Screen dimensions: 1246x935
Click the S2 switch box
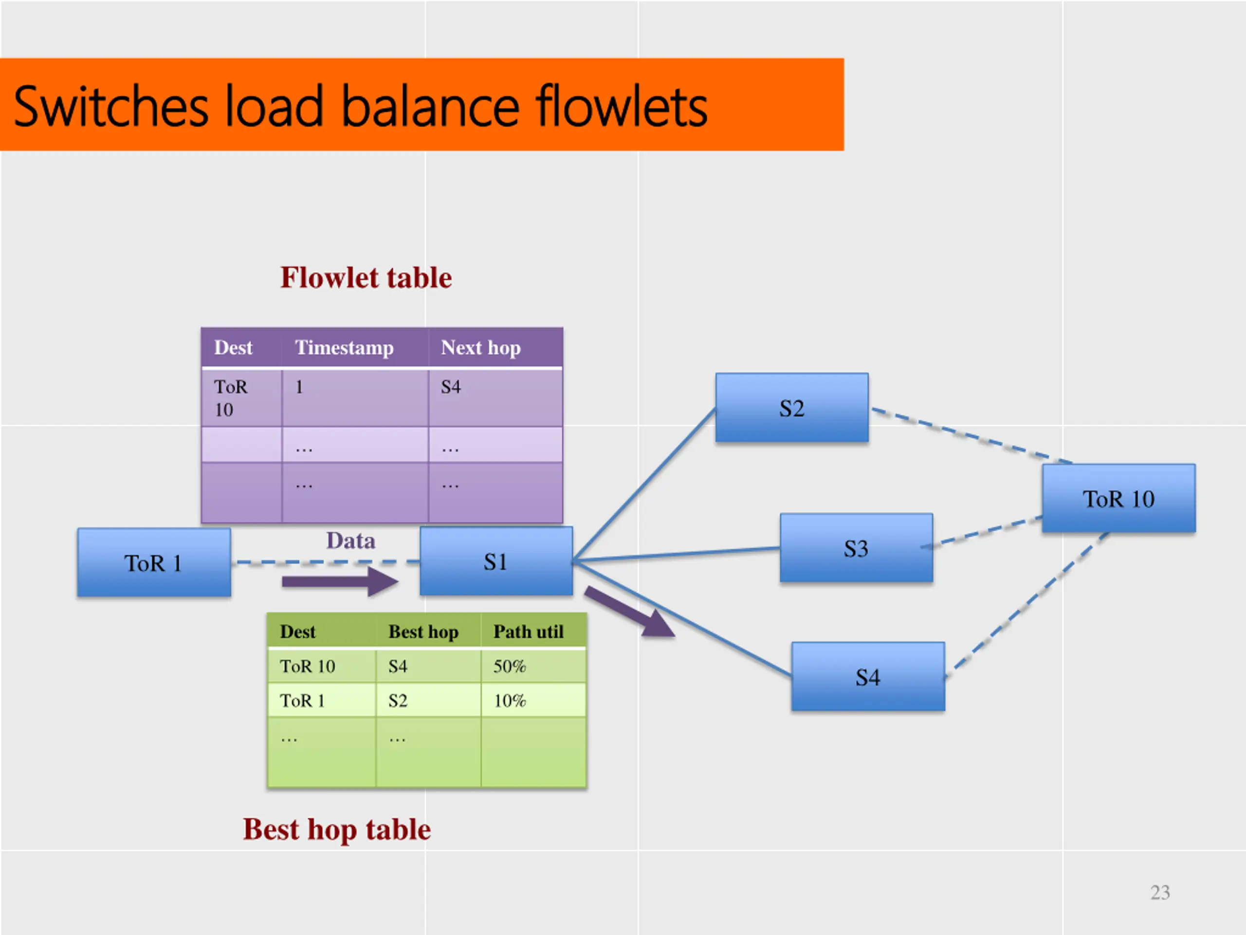pos(791,408)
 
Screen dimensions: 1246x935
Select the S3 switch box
pos(856,548)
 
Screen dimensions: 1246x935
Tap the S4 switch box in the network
pos(868,676)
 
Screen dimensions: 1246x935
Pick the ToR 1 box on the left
pos(154,562)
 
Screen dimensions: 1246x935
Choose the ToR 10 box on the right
pos(1118,498)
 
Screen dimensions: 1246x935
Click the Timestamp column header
pos(344,348)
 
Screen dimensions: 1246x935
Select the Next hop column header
pos(480,348)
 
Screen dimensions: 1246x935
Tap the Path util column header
pos(529,632)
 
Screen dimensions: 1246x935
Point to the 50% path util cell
pos(510,666)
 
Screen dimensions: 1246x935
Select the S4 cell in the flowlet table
pos(451,387)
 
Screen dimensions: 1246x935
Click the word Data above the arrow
pos(350,541)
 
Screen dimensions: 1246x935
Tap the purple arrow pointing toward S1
pos(340,581)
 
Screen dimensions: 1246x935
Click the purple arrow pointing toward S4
pos(630,612)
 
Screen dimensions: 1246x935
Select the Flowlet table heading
pos(366,277)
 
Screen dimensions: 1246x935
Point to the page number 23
pos(1160,892)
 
